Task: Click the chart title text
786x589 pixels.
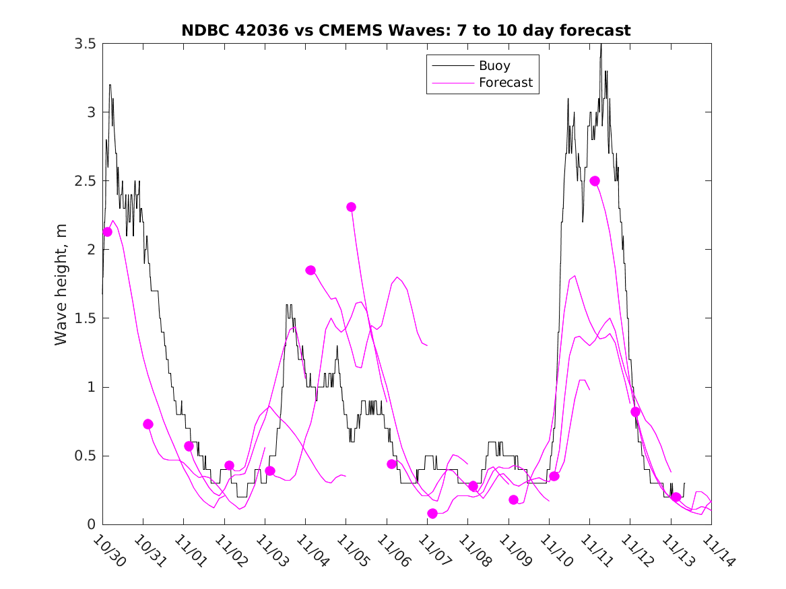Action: pyautogui.click(x=405, y=30)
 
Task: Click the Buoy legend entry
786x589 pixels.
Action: pyautogui.click(x=494, y=66)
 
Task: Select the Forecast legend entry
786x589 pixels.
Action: pyautogui.click(x=505, y=83)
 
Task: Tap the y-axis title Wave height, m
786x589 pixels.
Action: pyautogui.click(x=61, y=285)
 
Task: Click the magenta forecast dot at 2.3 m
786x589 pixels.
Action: pyautogui.click(x=351, y=207)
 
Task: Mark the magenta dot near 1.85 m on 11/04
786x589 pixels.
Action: pyautogui.click(x=310, y=270)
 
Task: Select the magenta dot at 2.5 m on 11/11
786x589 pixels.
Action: pyautogui.click(x=595, y=180)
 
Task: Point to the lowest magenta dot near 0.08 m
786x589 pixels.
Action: pyautogui.click(x=432, y=514)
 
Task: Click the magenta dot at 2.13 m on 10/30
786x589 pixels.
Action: pyautogui.click(x=107, y=232)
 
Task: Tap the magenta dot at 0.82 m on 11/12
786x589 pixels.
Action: pyautogui.click(x=635, y=411)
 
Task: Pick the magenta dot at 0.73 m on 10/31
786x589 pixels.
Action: pyautogui.click(x=148, y=424)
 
